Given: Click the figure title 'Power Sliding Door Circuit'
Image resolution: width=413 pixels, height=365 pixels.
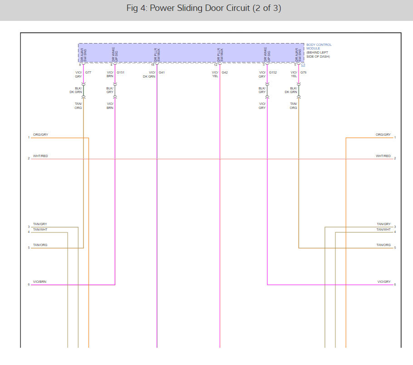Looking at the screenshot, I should pyautogui.click(x=203, y=9).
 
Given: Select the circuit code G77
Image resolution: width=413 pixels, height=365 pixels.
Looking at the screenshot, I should pyautogui.click(x=88, y=73).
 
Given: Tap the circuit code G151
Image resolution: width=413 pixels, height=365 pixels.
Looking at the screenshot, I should pyautogui.click(x=120, y=73).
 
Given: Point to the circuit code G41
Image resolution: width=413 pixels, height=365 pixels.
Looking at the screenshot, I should pyautogui.click(x=162, y=73).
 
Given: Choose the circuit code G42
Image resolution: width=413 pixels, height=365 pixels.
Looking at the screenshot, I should pyautogui.click(x=225, y=73).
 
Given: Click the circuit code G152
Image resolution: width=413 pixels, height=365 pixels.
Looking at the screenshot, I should pyautogui.click(x=273, y=73).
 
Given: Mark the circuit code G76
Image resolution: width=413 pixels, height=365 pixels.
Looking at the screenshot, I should pyautogui.click(x=303, y=73).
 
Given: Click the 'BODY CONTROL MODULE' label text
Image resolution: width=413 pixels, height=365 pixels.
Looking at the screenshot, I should pyautogui.click(x=319, y=47).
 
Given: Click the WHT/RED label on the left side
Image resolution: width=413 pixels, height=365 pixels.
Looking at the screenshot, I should pyautogui.click(x=40, y=156).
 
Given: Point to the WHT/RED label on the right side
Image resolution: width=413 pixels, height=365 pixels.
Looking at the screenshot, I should pyautogui.click(x=383, y=156).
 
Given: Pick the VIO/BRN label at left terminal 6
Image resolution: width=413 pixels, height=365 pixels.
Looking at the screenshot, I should pyautogui.click(x=40, y=282).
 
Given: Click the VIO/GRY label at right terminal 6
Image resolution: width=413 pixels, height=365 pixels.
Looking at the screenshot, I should pyautogui.click(x=384, y=282).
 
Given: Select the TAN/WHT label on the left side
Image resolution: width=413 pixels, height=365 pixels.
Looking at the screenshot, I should pyautogui.click(x=40, y=229).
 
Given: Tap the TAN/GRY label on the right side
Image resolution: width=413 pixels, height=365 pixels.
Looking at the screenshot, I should pyautogui.click(x=383, y=224).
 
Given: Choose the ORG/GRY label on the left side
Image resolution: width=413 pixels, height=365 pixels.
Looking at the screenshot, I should pyautogui.click(x=40, y=135).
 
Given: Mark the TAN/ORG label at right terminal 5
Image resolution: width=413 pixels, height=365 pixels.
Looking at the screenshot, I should pyautogui.click(x=383, y=245).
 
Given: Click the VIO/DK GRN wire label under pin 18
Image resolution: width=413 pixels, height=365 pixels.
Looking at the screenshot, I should pyautogui.click(x=149, y=74).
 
